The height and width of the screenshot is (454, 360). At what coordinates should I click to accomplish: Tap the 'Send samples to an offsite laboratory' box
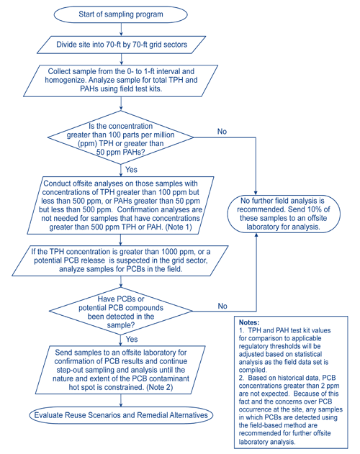tap(120, 368)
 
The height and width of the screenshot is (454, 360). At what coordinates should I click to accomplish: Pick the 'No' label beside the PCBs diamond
tap(222, 306)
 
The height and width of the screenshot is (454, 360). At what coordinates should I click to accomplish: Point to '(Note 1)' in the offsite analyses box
tap(184, 227)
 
